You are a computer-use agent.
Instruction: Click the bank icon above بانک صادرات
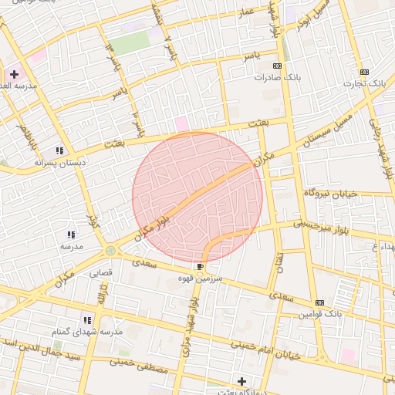pyautogui.click(x=278, y=66)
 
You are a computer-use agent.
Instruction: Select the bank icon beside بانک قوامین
pyautogui.click(x=320, y=302)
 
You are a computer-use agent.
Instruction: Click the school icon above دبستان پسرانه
pyautogui.click(x=59, y=150)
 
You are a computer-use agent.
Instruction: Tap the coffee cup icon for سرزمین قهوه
pyautogui.click(x=201, y=267)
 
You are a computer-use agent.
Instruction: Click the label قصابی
pyautogui.click(x=101, y=272)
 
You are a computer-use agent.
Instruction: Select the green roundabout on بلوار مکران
pyautogui.click(x=111, y=250)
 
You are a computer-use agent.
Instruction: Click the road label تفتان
pyautogui.click(x=279, y=266)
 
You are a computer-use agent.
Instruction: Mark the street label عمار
pyautogui.click(x=246, y=13)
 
